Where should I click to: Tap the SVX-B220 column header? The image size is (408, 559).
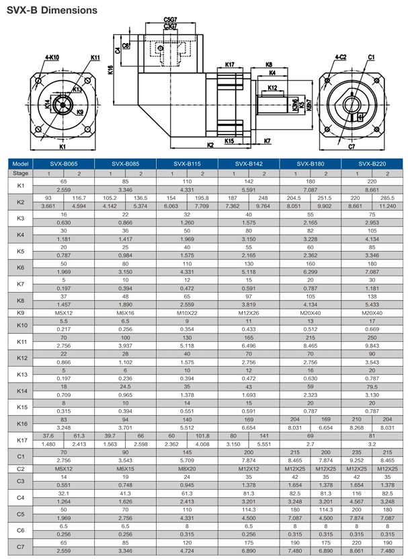tap(372, 163)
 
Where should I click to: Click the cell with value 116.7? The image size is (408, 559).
tap(79, 198)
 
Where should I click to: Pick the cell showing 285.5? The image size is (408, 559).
tap(388, 198)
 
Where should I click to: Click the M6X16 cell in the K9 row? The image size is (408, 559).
tap(125, 313)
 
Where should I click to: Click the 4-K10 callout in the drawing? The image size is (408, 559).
tap(52, 58)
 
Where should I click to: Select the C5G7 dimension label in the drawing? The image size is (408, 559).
tap(171, 20)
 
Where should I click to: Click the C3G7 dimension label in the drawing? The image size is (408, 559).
tap(171, 26)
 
